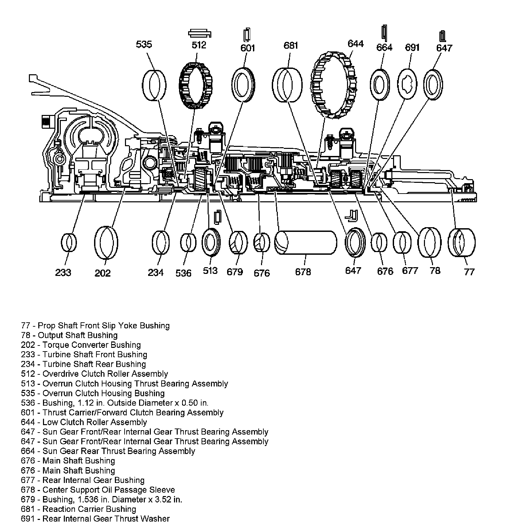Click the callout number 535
144,44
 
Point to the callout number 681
291,45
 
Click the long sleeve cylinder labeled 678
306,243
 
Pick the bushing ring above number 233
69,242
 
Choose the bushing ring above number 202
106,243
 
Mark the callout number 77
469,272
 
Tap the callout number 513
210,271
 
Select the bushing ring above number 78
430,243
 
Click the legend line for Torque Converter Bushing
81,345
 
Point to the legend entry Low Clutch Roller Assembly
84,422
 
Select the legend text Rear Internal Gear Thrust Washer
95,519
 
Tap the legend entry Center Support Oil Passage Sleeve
98,490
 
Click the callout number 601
248,48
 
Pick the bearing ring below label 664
380,85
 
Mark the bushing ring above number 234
161,243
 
